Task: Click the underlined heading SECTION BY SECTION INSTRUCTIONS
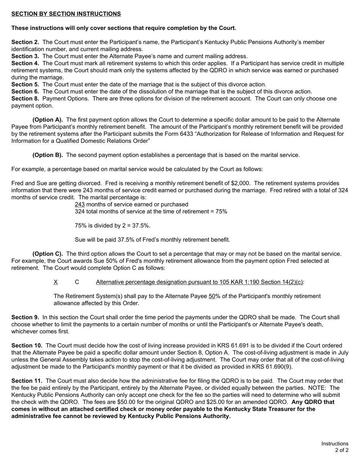tap(66, 14)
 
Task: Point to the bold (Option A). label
tap(48, 120)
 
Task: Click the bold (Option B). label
tap(48, 155)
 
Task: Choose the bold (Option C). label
tap(48, 254)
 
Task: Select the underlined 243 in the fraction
tap(80, 205)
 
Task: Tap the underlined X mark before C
tap(56, 282)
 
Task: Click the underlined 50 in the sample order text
tap(212, 296)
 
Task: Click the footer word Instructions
tap(335, 444)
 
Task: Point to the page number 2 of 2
tap(341, 450)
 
